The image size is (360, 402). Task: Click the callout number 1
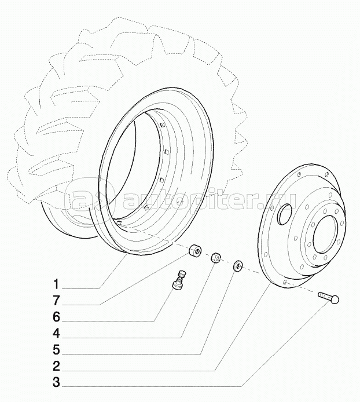pyautogui.click(x=56, y=284)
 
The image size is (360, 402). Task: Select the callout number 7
pyautogui.click(x=56, y=301)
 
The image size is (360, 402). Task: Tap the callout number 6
pyautogui.click(x=56, y=317)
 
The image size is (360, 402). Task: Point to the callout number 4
pyautogui.click(x=56, y=334)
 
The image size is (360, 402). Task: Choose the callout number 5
pyautogui.click(x=56, y=350)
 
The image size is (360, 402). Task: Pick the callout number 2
pyautogui.click(x=56, y=366)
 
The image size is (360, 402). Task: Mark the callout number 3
pyautogui.click(x=56, y=382)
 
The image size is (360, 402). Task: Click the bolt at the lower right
pyautogui.click(x=329, y=297)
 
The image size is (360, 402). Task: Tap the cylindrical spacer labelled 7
pyautogui.click(x=194, y=250)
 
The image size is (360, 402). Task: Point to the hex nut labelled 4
pyautogui.click(x=216, y=258)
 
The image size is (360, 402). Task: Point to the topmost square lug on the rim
pyautogui.click(x=162, y=125)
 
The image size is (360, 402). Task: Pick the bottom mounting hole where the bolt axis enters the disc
pyautogui.click(x=286, y=282)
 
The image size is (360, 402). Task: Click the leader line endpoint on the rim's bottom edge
pyautogui.click(x=126, y=254)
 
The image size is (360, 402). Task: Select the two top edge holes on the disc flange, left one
pyautogui.click(x=299, y=174)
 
